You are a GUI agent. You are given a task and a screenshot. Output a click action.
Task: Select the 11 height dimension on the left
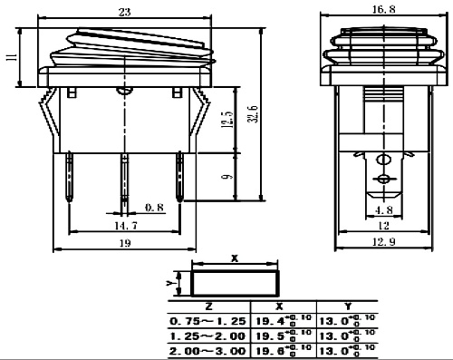pos(10,56)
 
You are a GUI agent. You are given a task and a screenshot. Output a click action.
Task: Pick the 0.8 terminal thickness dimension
pos(154,207)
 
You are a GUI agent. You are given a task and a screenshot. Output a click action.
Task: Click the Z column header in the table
pos(208,306)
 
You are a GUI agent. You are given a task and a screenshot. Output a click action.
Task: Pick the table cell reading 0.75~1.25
pos(208,320)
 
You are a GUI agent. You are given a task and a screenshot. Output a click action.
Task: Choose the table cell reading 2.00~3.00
pos(208,347)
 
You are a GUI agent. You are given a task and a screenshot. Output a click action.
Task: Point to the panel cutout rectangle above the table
pos(235,282)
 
